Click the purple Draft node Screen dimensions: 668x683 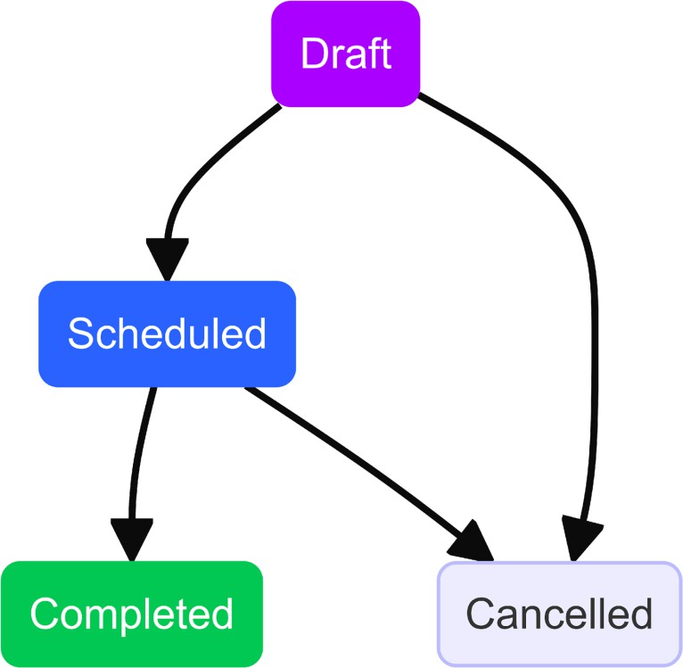[345, 54]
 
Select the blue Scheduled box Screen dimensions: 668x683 [167, 334]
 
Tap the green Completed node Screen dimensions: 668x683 [131, 614]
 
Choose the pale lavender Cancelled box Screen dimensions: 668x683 [559, 614]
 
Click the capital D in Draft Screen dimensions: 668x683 [313, 54]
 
